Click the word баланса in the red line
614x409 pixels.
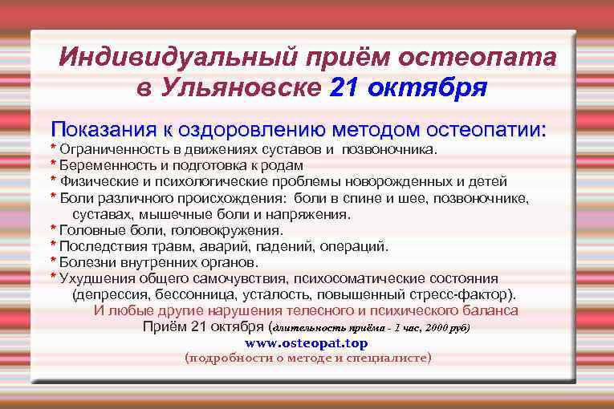pyautogui.click(x=490, y=310)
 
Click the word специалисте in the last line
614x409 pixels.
pyautogui.click(x=390, y=358)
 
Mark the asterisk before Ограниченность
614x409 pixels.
pyautogui.click(x=53, y=149)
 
